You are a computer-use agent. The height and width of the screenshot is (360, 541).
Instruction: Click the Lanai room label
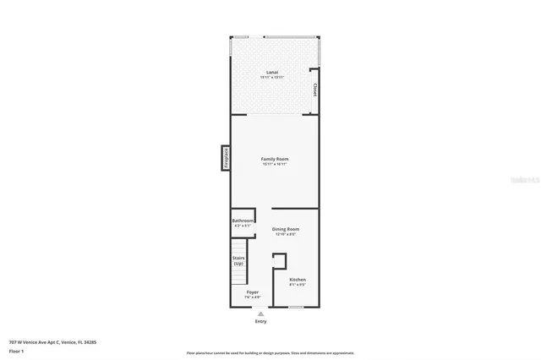click(x=272, y=72)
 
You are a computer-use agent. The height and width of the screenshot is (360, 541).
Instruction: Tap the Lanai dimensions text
click(x=272, y=78)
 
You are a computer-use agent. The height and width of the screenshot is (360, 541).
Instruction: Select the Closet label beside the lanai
click(x=315, y=90)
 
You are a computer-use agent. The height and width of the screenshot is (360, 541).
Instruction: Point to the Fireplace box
click(x=227, y=157)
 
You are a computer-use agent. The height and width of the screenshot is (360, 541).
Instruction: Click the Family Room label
click(x=275, y=158)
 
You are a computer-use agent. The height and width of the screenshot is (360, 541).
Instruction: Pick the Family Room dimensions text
click(x=275, y=164)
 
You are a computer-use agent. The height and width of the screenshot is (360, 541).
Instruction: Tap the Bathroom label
click(x=243, y=221)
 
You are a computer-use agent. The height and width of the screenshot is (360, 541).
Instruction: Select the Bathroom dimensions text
click(x=243, y=226)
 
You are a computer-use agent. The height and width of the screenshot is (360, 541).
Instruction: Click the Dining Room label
click(x=285, y=228)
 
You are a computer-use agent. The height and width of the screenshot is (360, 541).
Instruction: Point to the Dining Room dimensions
click(x=285, y=234)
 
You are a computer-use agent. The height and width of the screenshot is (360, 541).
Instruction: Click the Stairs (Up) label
click(x=238, y=261)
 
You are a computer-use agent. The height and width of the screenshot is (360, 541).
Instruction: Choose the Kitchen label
click(x=298, y=279)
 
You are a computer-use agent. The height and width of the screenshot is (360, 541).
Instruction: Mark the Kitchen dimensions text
click(x=298, y=285)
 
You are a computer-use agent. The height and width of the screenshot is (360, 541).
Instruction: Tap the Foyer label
click(x=252, y=292)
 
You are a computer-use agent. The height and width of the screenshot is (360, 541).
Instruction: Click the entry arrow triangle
click(x=260, y=314)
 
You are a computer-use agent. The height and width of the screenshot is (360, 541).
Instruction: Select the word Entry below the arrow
click(x=260, y=322)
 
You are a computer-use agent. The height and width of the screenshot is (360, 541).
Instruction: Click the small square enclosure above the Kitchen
click(x=279, y=261)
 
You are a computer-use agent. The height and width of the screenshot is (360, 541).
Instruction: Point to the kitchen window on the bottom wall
click(x=295, y=307)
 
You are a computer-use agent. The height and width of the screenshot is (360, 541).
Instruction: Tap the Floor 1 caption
click(x=16, y=351)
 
